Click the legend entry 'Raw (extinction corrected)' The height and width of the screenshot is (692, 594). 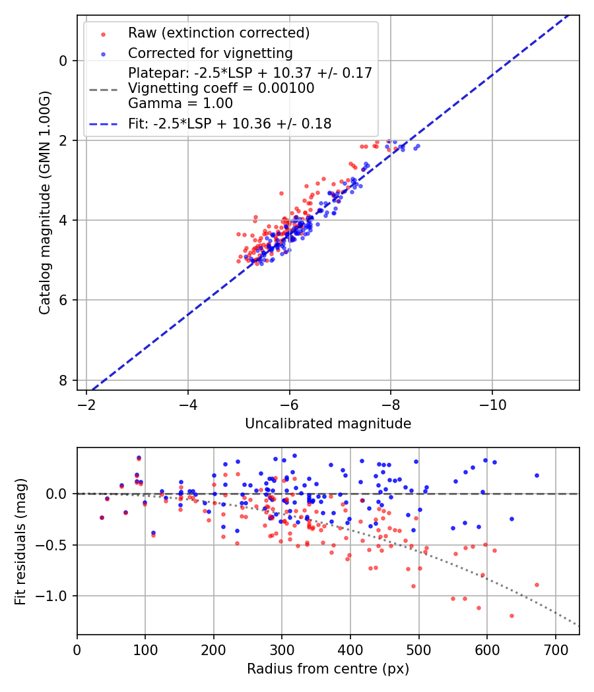(218, 33)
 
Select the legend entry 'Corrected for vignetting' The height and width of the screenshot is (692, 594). (210, 53)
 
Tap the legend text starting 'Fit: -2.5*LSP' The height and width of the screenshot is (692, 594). (230, 123)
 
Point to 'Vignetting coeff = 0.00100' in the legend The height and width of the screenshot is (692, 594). (221, 88)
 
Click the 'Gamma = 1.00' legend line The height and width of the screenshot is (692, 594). (180, 103)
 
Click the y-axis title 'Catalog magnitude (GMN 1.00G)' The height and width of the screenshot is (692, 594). (44, 202)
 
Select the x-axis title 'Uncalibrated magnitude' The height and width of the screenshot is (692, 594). (328, 424)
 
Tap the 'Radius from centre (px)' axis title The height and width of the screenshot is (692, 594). (328, 669)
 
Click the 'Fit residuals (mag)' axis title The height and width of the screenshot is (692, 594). (20, 541)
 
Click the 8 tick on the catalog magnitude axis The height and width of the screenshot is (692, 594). (63, 380)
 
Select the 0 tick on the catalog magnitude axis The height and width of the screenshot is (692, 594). (63, 61)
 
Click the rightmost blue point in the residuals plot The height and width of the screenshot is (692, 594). (537, 475)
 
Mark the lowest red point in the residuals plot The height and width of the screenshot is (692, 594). (511, 616)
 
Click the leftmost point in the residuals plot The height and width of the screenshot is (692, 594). (102, 517)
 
